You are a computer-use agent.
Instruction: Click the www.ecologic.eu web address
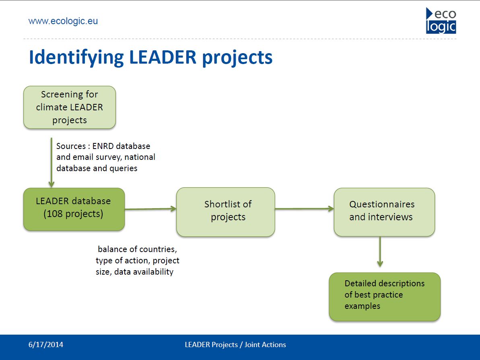tap(63, 21)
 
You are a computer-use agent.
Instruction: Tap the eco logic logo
tap(441, 21)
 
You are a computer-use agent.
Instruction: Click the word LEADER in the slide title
tap(163, 57)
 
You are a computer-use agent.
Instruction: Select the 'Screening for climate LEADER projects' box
tap(70, 107)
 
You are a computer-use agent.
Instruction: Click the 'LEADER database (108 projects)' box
tap(74, 209)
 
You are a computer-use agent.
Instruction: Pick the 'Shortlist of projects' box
tap(226, 212)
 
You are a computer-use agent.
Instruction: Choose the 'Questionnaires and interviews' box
tap(384, 212)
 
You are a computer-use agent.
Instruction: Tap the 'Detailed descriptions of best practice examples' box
tap(385, 297)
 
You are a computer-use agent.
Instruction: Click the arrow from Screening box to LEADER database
tap(52, 162)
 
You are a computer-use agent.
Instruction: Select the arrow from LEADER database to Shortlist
tap(150, 209)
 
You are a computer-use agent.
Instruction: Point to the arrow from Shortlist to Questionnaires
tap(304, 209)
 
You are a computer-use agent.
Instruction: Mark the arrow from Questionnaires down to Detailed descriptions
tap(380, 252)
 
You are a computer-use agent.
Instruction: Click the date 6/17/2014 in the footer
tap(46, 345)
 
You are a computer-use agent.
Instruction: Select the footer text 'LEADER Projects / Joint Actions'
tap(235, 345)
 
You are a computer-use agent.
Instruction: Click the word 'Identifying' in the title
tap(76, 58)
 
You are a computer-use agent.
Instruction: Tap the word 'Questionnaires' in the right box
tap(382, 204)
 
